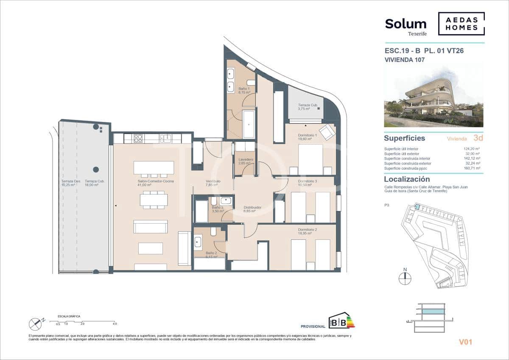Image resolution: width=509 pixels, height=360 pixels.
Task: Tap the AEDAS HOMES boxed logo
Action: click(461, 24)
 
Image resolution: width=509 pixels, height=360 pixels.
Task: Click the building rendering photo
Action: click(433, 95)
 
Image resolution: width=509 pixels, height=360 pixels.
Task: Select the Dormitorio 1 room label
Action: click(305, 137)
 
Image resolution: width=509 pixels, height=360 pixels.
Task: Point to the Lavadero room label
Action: click(246, 162)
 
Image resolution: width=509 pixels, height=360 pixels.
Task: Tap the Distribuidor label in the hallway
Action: click(252, 209)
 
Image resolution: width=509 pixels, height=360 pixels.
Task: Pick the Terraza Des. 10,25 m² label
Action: click(70, 183)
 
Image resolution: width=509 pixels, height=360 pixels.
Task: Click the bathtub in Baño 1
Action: click(249, 124)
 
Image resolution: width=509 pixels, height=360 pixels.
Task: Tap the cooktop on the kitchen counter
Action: click(139, 138)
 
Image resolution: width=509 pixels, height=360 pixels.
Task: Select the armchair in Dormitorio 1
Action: click(327, 132)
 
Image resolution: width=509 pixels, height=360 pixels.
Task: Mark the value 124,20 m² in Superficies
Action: click(472, 149)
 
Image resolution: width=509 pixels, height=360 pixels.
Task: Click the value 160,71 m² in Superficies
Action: click(472, 168)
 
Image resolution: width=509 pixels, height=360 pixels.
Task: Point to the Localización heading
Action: click(406, 180)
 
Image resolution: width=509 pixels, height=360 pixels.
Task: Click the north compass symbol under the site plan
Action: click(405, 278)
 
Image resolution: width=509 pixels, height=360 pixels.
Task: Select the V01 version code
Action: click(465, 342)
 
